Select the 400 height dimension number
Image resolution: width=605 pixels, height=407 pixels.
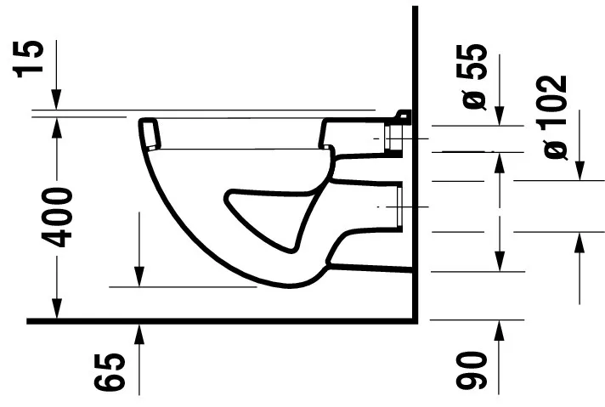point(60,217)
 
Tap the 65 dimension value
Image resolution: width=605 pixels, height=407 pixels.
point(115,372)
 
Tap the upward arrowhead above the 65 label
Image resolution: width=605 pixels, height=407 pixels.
point(139,331)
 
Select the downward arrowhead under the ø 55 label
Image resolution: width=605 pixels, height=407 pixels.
point(498,117)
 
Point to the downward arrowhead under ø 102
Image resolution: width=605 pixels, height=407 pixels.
point(580,172)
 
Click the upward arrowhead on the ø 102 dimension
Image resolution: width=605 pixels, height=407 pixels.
point(580,240)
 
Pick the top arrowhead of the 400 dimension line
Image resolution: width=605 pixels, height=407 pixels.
point(57,124)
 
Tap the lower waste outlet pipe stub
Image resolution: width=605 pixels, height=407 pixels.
point(397,207)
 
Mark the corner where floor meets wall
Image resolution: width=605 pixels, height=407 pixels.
point(416,320)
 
